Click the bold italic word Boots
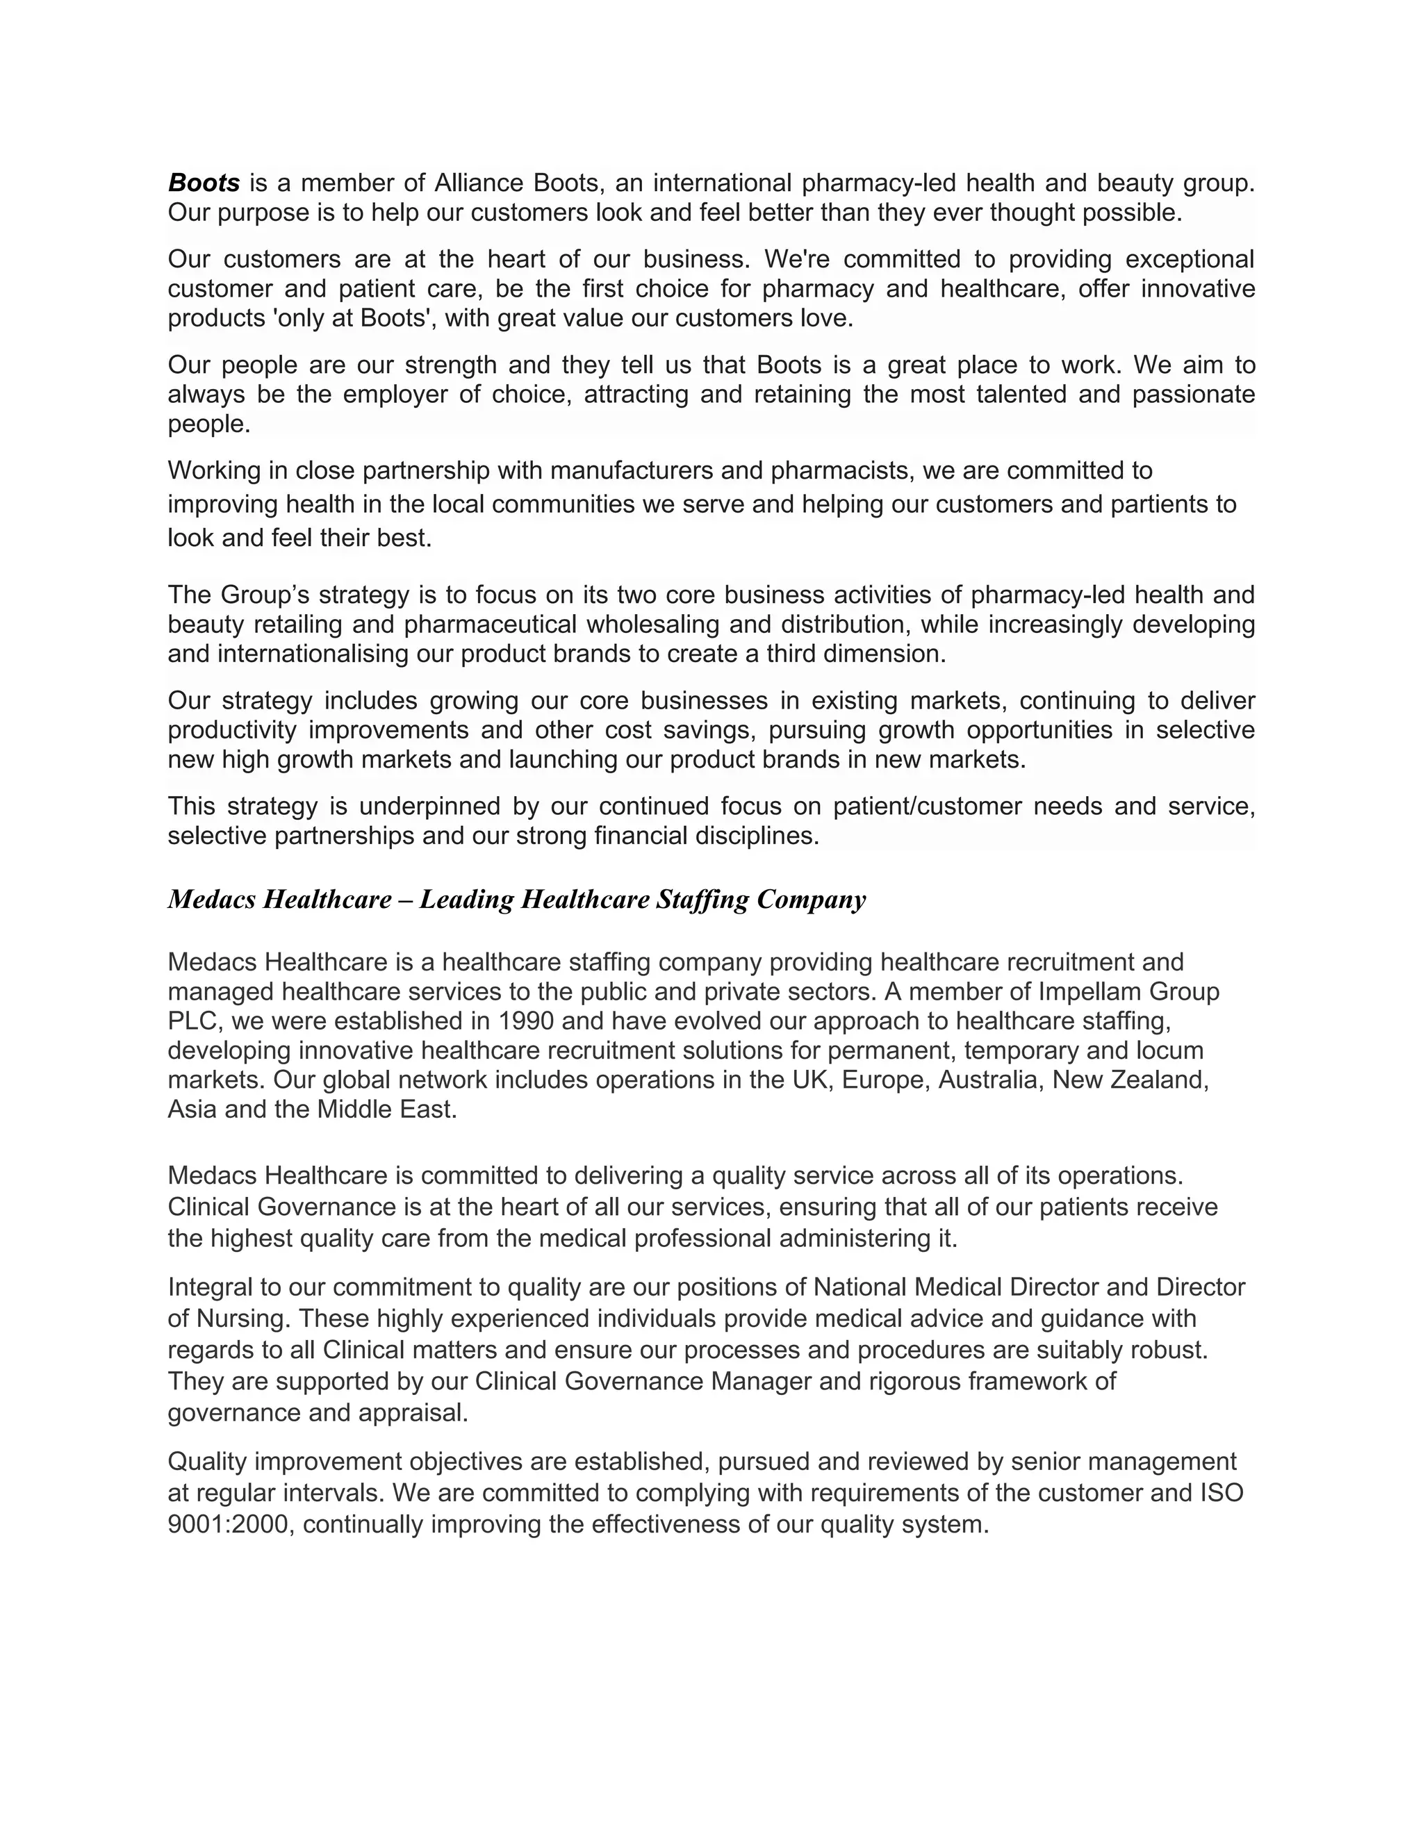coord(204,183)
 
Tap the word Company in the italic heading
coord(811,900)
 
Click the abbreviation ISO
coord(1222,1494)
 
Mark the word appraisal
coord(413,1413)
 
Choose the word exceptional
coord(1190,259)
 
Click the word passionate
coord(1194,395)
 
